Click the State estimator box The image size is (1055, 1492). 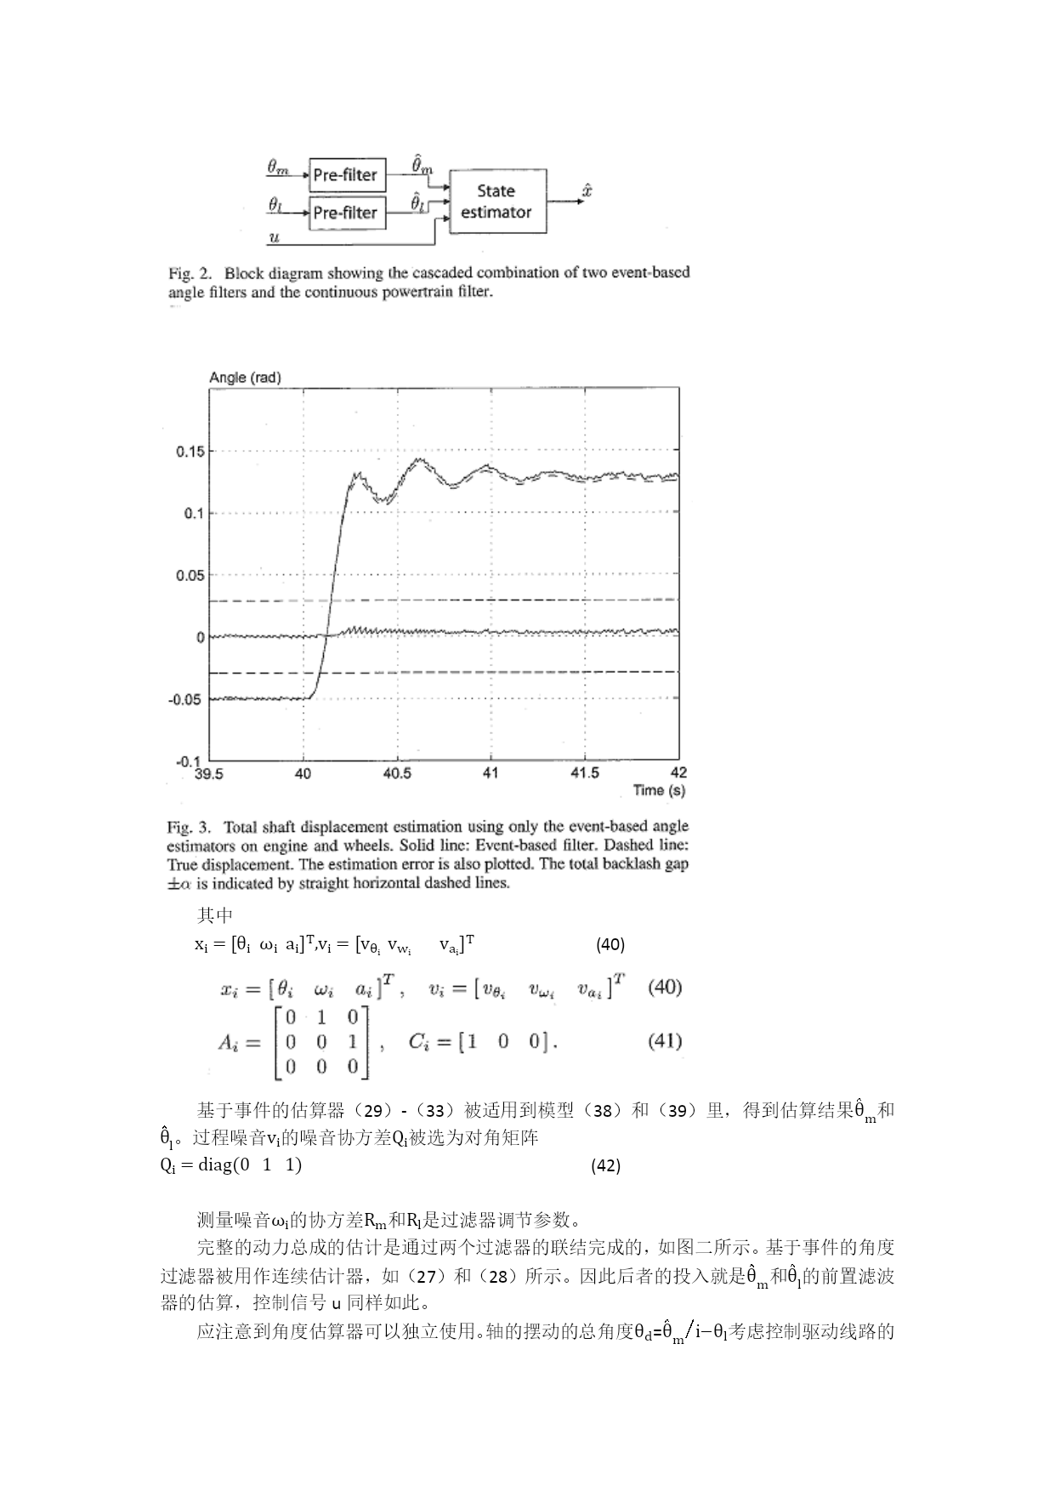coord(497,202)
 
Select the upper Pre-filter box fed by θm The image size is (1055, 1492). coord(345,174)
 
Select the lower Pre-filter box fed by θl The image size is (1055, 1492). coord(345,213)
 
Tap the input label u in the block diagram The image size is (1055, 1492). coord(274,238)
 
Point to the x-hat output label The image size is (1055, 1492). coord(587,191)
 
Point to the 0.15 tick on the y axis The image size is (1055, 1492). coord(190,452)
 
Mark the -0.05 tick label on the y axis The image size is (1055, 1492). coord(187,699)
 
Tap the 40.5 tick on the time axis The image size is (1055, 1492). coord(397,773)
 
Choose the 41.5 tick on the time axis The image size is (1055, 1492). coord(584,773)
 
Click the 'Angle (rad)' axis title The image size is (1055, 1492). coord(245,378)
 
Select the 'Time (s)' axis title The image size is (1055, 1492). coord(659,790)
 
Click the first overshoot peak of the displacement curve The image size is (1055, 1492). coord(356,475)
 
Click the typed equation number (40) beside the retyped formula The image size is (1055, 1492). coord(610,944)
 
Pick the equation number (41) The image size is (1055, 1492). coord(665,1041)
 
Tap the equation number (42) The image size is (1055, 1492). coord(605,1166)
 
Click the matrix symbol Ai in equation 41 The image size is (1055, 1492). coord(230,1043)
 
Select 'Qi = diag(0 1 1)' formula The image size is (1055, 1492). coord(231,1165)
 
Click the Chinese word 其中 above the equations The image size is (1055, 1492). coord(214,915)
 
